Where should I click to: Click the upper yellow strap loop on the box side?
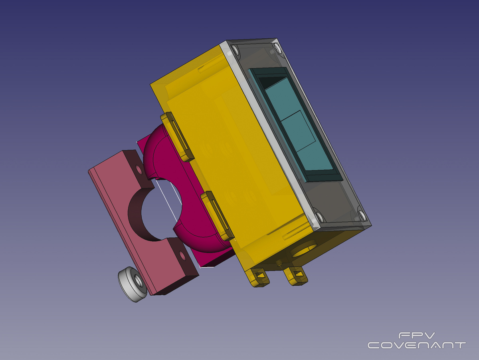tap(177, 137)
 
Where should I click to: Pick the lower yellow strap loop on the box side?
tap(217, 216)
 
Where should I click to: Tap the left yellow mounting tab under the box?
tap(257, 277)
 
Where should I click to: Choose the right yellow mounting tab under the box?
tap(295, 276)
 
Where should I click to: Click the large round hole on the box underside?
tap(304, 249)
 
